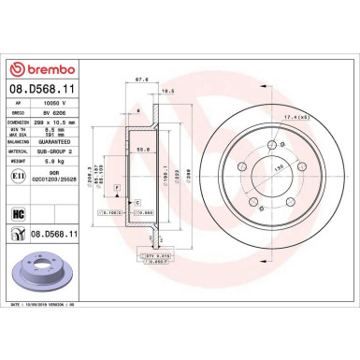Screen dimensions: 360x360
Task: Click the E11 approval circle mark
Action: [x=20, y=174]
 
